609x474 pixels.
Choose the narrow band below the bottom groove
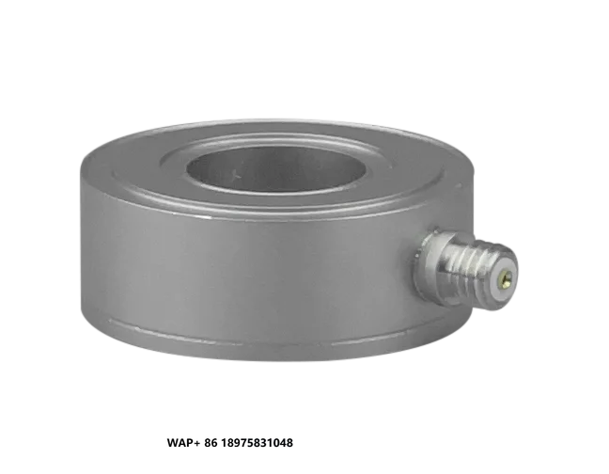pos(244,343)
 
